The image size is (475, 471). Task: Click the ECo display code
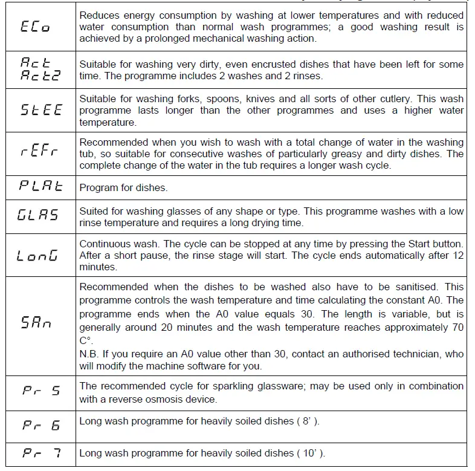36,27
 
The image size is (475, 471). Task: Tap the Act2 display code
38,76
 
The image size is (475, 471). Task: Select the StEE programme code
40,111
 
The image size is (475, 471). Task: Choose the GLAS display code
38,215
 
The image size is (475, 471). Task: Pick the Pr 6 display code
40,424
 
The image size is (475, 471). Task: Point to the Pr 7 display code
40,453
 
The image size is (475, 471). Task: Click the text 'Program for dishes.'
124,187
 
